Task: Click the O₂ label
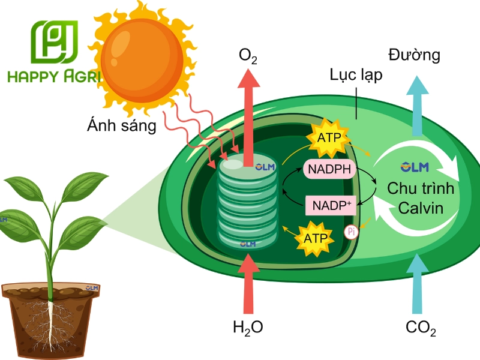(x=248, y=56)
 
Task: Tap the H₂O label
(x=248, y=328)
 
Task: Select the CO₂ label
(x=421, y=328)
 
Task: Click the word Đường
(x=414, y=55)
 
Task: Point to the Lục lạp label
(x=356, y=75)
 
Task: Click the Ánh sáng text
(x=122, y=125)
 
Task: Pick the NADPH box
(x=329, y=169)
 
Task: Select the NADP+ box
(x=331, y=205)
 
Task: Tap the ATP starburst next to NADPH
(x=329, y=138)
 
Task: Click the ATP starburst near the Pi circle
(x=315, y=238)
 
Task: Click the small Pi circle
(x=352, y=232)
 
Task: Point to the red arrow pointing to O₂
(x=249, y=118)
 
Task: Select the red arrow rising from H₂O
(x=248, y=284)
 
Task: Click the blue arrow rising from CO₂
(x=417, y=283)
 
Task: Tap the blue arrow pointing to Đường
(x=417, y=106)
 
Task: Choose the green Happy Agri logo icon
(x=55, y=42)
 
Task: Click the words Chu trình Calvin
(x=421, y=198)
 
